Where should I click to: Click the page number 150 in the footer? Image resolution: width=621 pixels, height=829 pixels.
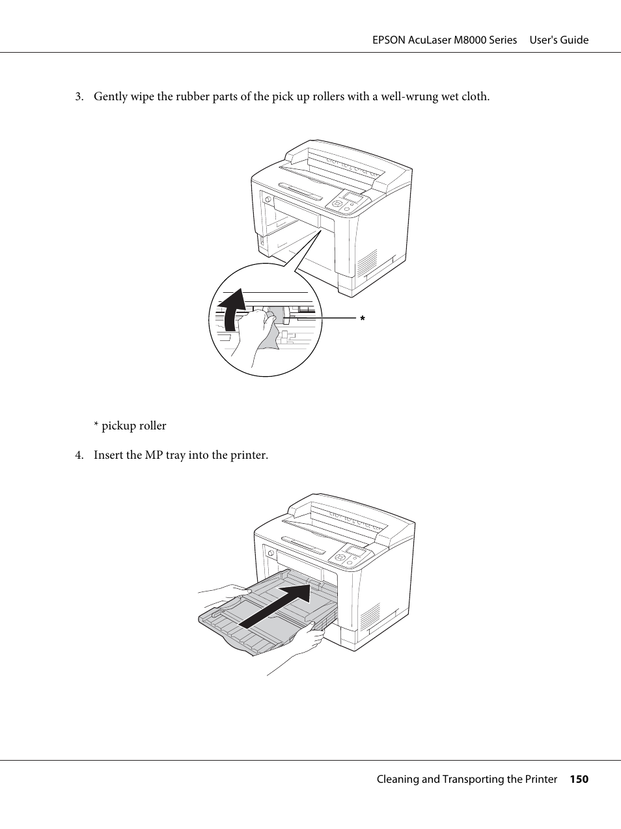coord(579,779)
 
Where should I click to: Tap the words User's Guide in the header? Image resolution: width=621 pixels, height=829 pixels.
coord(559,40)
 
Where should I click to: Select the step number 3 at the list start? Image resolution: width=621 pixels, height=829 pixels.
coord(78,96)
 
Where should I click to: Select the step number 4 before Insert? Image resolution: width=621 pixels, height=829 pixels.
coord(78,455)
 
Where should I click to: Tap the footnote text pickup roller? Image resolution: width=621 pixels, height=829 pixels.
coord(133,426)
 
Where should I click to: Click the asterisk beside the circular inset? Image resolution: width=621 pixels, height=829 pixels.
coord(362,319)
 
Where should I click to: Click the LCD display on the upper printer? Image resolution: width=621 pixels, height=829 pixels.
coord(352,197)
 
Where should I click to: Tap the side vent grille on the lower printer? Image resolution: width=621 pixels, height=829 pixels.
coord(370,616)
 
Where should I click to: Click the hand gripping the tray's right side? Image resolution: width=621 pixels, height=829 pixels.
coord(306,641)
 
